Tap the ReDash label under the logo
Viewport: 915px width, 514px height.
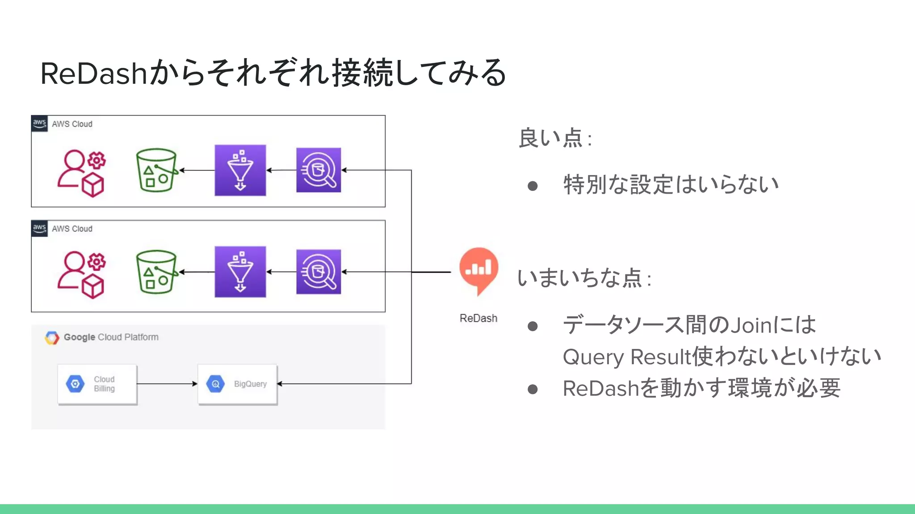478,318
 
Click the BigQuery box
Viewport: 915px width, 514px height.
238,384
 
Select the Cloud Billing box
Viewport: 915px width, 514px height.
97,384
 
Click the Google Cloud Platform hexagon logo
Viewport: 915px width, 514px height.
52,338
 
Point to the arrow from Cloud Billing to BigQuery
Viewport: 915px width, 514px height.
167,384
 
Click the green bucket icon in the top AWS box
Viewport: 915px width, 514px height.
156,170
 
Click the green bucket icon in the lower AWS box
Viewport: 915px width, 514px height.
156,272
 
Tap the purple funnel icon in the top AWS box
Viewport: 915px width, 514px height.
240,170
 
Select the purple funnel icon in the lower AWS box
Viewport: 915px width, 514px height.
240,272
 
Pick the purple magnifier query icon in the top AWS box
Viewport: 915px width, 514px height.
319,170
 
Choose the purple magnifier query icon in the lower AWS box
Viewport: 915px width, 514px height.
319,272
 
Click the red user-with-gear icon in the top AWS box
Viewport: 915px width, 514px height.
82,173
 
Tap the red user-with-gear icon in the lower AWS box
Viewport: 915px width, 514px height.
82,274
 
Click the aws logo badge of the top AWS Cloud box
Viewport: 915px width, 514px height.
39,123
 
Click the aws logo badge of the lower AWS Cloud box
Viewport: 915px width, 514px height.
39,228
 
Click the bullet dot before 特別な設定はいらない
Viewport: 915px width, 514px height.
532,186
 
